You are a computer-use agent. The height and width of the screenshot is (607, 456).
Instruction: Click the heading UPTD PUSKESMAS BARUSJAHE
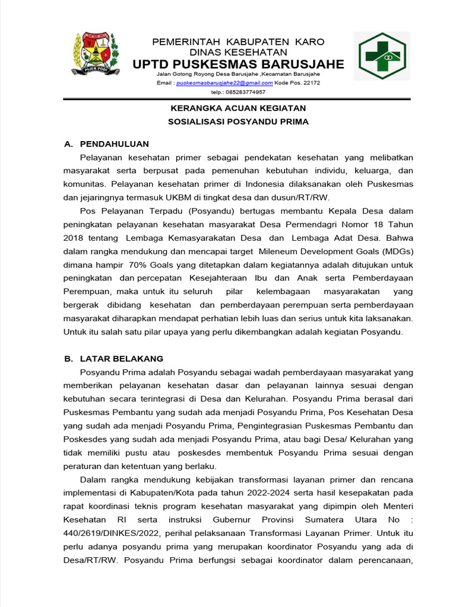coord(238,64)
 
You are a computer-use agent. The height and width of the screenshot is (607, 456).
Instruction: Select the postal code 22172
coord(311,84)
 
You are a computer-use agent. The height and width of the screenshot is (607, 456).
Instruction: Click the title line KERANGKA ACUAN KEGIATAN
coord(238,108)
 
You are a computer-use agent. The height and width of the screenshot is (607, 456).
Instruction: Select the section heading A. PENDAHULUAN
coord(106,144)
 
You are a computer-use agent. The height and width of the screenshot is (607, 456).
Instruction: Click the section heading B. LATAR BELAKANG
coord(113,359)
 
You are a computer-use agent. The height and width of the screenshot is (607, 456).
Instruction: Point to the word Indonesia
coord(256,183)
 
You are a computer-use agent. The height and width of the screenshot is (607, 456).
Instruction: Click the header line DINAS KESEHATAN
coord(238,52)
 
